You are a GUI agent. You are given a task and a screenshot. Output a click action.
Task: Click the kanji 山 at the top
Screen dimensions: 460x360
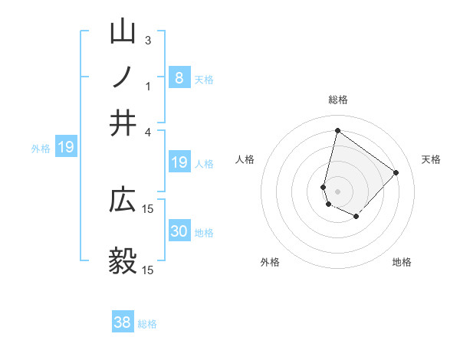(x=123, y=32)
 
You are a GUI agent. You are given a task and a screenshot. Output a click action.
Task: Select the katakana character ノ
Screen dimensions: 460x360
(x=123, y=77)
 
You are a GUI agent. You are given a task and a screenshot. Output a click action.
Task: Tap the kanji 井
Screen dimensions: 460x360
(x=123, y=123)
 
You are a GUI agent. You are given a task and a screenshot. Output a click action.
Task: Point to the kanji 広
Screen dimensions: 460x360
(x=123, y=201)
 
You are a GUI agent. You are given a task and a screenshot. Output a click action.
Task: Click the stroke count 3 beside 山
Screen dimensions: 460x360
(x=148, y=40)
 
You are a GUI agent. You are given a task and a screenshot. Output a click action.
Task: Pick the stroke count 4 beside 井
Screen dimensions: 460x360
(x=148, y=131)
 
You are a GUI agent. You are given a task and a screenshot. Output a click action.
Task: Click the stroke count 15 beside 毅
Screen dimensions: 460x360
(x=148, y=270)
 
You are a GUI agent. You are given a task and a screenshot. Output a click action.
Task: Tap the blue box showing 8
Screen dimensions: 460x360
(x=179, y=77)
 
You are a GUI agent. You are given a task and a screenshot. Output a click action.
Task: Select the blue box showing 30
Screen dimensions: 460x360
(x=179, y=231)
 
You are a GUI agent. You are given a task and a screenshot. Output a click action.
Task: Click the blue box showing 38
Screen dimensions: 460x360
(x=123, y=322)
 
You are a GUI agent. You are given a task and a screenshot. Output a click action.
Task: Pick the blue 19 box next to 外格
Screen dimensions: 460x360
(x=66, y=147)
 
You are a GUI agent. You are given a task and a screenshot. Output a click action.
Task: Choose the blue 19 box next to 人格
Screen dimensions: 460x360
(x=179, y=162)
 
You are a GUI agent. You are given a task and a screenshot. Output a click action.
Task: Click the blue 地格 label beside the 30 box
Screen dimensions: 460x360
(x=204, y=232)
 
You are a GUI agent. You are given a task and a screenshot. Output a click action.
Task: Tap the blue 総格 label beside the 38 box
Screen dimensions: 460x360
(x=147, y=323)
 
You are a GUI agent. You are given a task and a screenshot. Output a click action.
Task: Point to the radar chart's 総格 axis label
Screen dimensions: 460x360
(x=338, y=100)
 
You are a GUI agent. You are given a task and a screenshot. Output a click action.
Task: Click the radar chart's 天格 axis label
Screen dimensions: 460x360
(x=431, y=159)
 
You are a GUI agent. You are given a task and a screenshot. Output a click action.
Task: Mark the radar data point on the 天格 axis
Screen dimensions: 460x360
(x=396, y=172)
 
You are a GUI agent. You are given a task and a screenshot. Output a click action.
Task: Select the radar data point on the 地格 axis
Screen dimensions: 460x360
(x=356, y=217)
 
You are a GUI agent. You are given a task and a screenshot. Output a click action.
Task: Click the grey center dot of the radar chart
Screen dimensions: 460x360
(x=338, y=191)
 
